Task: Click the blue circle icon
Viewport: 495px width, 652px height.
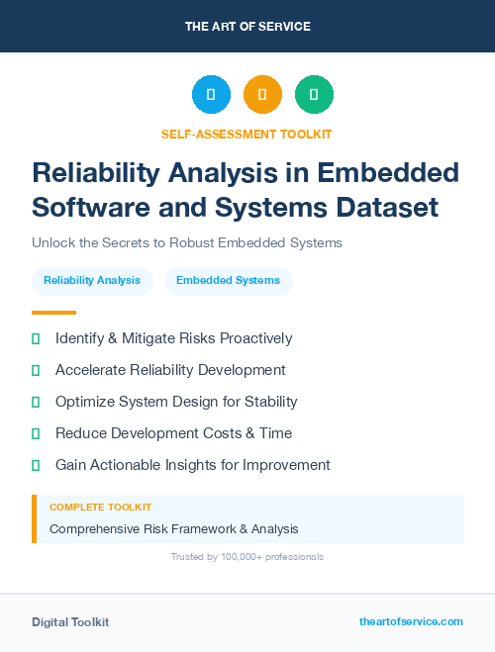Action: [211, 95]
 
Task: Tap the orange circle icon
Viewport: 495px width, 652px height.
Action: [262, 95]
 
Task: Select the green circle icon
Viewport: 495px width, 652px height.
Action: [314, 95]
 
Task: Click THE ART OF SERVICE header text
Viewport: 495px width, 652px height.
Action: [247, 27]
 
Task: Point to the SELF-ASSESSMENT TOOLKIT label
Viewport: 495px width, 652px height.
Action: [247, 134]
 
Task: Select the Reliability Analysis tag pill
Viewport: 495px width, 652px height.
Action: [92, 281]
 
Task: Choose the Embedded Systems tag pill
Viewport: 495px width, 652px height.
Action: [228, 281]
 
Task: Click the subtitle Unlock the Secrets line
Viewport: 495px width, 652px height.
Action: [186, 242]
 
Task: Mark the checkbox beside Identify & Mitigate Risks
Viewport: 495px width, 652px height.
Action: [36, 338]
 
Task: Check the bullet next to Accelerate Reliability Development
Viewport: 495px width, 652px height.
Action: [36, 370]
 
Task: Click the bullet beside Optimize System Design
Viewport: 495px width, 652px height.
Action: [36, 402]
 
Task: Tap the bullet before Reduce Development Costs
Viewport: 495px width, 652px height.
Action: [36, 433]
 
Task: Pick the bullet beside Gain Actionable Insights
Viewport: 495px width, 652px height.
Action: [36, 465]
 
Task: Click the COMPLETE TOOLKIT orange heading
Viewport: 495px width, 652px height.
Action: [100, 507]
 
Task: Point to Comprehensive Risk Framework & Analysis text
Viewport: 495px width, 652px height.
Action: [173, 529]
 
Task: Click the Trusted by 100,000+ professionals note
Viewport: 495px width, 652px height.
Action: [247, 557]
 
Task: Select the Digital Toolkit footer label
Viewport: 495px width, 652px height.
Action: [70, 622]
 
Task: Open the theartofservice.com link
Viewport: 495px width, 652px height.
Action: [411, 621]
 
